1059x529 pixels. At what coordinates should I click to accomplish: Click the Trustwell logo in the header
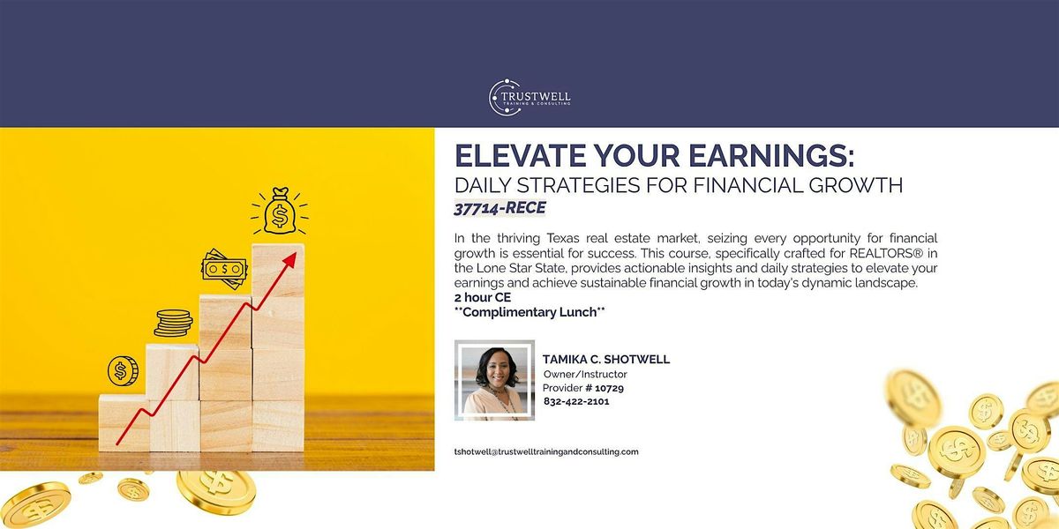[529, 97]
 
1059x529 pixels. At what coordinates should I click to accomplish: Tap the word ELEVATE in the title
[520, 155]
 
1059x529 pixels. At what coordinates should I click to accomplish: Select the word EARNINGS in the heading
[771, 155]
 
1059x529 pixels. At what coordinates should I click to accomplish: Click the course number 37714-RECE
[499, 208]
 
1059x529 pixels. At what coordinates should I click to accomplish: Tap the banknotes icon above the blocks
[224, 269]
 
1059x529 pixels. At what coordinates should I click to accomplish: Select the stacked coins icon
[173, 323]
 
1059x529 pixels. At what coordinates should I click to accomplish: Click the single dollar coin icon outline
[123, 371]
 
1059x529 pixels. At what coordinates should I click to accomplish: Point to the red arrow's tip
[296, 253]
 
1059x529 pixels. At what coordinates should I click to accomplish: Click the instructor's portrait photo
[494, 380]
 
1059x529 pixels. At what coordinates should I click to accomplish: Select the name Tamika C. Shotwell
[606, 360]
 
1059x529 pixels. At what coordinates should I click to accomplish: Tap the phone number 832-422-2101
[576, 401]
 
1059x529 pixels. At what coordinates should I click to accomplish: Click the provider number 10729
[609, 388]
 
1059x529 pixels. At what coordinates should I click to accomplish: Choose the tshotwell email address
[546, 452]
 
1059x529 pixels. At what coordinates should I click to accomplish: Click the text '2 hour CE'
[483, 298]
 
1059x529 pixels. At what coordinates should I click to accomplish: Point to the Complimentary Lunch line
[529, 312]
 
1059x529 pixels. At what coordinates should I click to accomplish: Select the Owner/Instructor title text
[585, 374]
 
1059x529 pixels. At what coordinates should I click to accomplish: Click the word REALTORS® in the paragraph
[886, 253]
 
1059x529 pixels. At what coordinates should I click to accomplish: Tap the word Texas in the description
[563, 238]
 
